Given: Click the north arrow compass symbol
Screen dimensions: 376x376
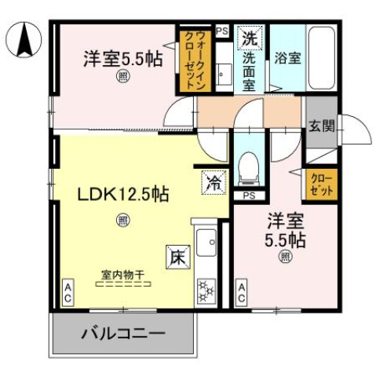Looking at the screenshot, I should coord(24,39).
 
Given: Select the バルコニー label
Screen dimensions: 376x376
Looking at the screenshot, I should coord(123,334).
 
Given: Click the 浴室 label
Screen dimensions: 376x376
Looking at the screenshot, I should coord(286,57).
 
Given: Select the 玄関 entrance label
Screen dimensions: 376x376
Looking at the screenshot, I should coord(322,126).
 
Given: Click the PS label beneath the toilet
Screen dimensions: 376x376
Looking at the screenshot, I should coord(249,195).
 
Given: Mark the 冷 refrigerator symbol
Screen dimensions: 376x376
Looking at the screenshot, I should coord(214,182).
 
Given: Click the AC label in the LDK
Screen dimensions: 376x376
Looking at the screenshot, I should coord(68,294).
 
